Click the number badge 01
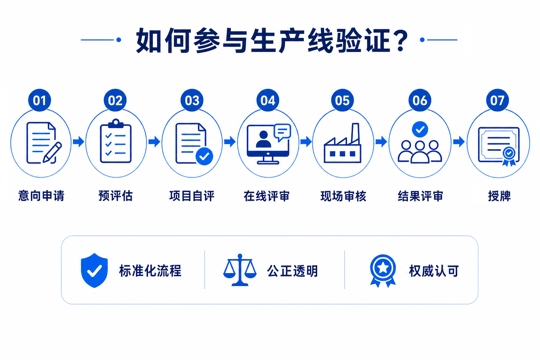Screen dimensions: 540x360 [x=39, y=100]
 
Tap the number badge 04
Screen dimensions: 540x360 [x=268, y=100]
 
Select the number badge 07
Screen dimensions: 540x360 [x=497, y=100]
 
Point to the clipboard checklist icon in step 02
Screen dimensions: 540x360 [x=116, y=141]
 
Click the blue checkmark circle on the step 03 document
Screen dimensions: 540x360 [x=204, y=156]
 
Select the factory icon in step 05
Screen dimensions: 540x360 [x=342, y=143]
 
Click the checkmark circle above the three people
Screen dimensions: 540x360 [x=420, y=129]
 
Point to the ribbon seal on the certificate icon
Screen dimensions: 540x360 [x=509, y=156]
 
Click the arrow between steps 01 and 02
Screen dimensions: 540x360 [x=78, y=141]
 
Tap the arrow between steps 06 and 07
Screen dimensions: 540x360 [x=459, y=141]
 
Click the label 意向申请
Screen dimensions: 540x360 [x=41, y=195]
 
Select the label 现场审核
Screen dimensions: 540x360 [x=343, y=196]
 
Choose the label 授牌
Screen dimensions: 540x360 [x=499, y=196]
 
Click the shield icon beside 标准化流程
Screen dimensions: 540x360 [x=94, y=270]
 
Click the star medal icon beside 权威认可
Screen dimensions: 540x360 [x=383, y=271]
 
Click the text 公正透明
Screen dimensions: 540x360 [x=292, y=271]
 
